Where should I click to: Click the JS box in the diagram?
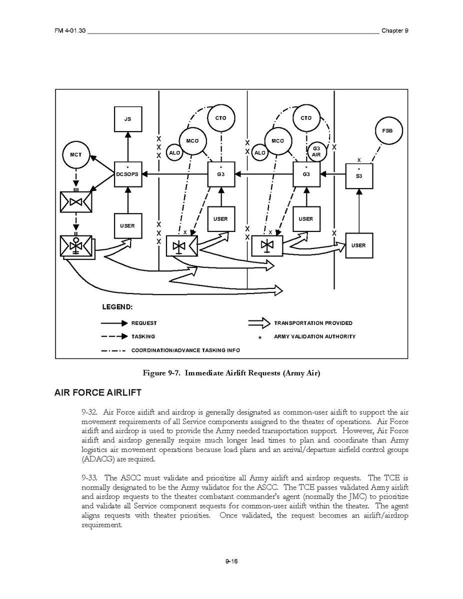point(127,119)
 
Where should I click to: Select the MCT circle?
point(76,155)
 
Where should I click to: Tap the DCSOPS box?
point(127,174)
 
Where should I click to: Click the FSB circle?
point(387,130)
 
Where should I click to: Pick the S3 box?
point(359,175)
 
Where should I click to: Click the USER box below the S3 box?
point(358,245)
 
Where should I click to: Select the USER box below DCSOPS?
point(127,226)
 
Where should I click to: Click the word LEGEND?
point(117,306)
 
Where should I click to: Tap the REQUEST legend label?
point(144,323)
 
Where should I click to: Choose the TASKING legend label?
point(143,336)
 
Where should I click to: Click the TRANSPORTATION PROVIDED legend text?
point(313,323)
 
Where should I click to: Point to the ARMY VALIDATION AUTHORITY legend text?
point(314,336)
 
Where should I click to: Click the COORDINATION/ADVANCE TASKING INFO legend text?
point(185,350)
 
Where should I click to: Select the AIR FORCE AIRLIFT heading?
point(98,392)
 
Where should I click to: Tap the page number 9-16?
point(231,561)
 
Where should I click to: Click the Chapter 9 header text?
point(395,30)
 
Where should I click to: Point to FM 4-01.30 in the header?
point(70,30)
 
